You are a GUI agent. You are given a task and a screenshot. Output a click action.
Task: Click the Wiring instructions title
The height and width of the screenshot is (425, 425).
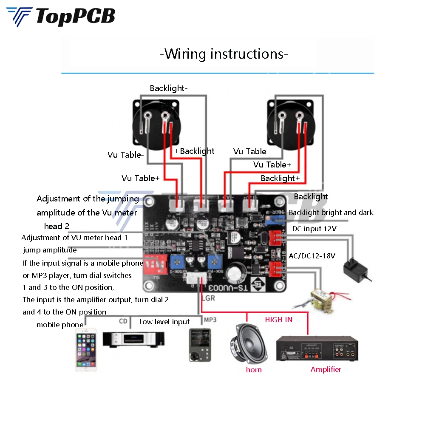(x=224, y=54)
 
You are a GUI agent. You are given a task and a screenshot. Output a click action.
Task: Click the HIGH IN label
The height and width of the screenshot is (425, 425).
(x=279, y=320)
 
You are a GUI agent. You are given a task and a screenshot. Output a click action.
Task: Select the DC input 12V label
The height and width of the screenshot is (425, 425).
(x=314, y=229)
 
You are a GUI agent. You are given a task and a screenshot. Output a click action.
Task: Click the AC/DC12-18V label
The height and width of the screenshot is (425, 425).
(x=312, y=255)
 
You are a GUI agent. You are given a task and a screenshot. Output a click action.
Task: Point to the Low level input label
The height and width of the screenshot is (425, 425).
(x=164, y=322)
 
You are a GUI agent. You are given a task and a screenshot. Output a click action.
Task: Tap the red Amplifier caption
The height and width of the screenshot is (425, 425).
(x=326, y=369)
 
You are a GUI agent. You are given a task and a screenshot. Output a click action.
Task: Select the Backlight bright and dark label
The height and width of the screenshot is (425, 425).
(x=331, y=212)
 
